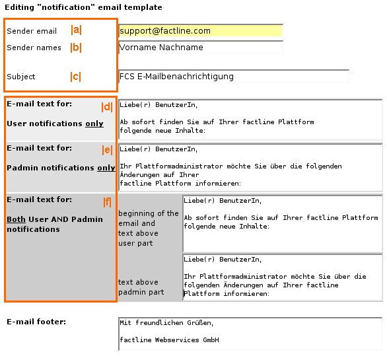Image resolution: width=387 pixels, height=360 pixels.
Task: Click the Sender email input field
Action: coord(201,30)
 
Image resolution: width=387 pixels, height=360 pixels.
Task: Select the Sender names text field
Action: coord(201,47)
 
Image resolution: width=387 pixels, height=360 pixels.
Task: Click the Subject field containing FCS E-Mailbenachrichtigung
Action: coord(234,77)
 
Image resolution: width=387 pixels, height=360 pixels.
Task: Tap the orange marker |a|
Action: coord(76,30)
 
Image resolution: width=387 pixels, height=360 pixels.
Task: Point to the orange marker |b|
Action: coord(76,48)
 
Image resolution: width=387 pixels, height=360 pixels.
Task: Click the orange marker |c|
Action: coord(75,77)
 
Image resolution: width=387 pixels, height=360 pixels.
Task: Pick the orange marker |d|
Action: coord(107,107)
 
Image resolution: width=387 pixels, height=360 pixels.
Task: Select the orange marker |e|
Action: coord(107,150)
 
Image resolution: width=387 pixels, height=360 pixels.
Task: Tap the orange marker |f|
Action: coord(107,202)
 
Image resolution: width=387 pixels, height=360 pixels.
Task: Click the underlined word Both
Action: coord(16,219)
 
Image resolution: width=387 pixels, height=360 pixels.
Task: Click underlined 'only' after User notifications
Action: coord(94,124)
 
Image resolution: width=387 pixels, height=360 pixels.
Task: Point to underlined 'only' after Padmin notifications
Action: coord(106,168)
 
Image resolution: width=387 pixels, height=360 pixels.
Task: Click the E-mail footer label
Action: coord(36,322)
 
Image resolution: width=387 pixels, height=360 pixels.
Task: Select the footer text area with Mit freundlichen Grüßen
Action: coord(250,334)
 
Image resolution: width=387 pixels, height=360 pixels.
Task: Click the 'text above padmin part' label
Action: coord(141,287)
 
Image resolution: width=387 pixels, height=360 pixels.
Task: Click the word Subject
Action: coord(21,77)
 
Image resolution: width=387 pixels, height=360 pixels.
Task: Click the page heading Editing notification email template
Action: coord(83,7)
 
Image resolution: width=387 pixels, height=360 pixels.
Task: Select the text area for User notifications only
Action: coord(250,120)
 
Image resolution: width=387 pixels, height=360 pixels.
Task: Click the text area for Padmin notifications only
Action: coord(250,167)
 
